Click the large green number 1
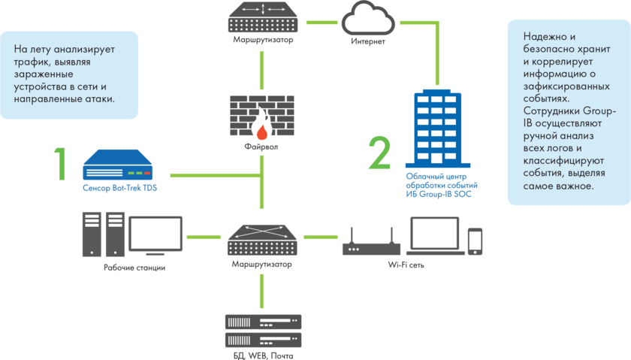coord(60,163)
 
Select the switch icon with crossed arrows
coord(262,238)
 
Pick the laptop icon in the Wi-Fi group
coord(434,236)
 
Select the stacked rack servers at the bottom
coord(262,330)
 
